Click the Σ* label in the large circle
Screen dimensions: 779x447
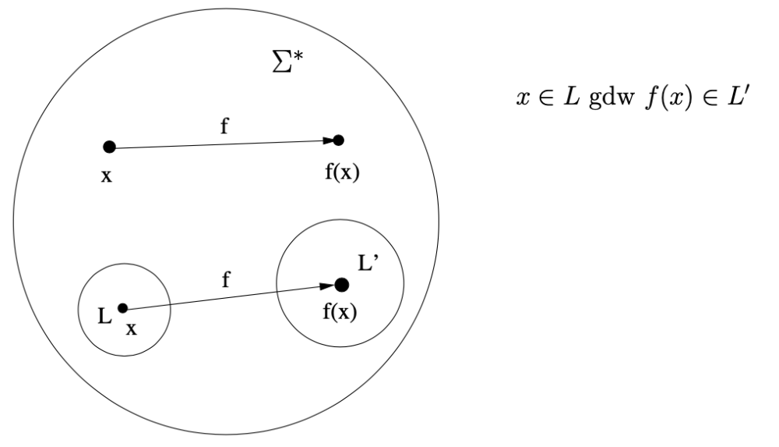pyautogui.click(x=287, y=61)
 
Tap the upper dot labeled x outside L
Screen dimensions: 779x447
pyautogui.click(x=109, y=147)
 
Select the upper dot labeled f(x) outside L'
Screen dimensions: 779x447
pyautogui.click(x=338, y=140)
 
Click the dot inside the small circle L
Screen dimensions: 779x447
pyautogui.click(x=123, y=308)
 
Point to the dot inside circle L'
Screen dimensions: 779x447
pyautogui.click(x=341, y=286)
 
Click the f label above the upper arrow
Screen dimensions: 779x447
pyautogui.click(x=224, y=126)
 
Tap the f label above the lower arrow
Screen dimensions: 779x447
pyautogui.click(x=226, y=279)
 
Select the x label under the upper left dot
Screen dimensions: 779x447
pyautogui.click(x=107, y=176)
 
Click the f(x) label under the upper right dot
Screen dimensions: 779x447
pyautogui.click(x=342, y=172)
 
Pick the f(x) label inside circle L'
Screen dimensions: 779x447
pyautogui.click(x=340, y=312)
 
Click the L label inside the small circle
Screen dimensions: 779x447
pyautogui.click(x=104, y=316)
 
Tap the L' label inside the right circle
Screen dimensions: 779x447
pyautogui.click(x=368, y=263)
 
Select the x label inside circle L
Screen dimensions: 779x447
pyautogui.click(x=131, y=329)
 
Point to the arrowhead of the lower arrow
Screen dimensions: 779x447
pyautogui.click(x=327, y=286)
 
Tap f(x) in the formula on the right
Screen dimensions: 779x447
pyautogui.click(x=668, y=98)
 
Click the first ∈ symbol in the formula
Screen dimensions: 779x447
pyautogui.click(x=546, y=98)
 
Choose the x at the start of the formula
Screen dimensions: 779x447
pyautogui.click(x=523, y=98)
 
